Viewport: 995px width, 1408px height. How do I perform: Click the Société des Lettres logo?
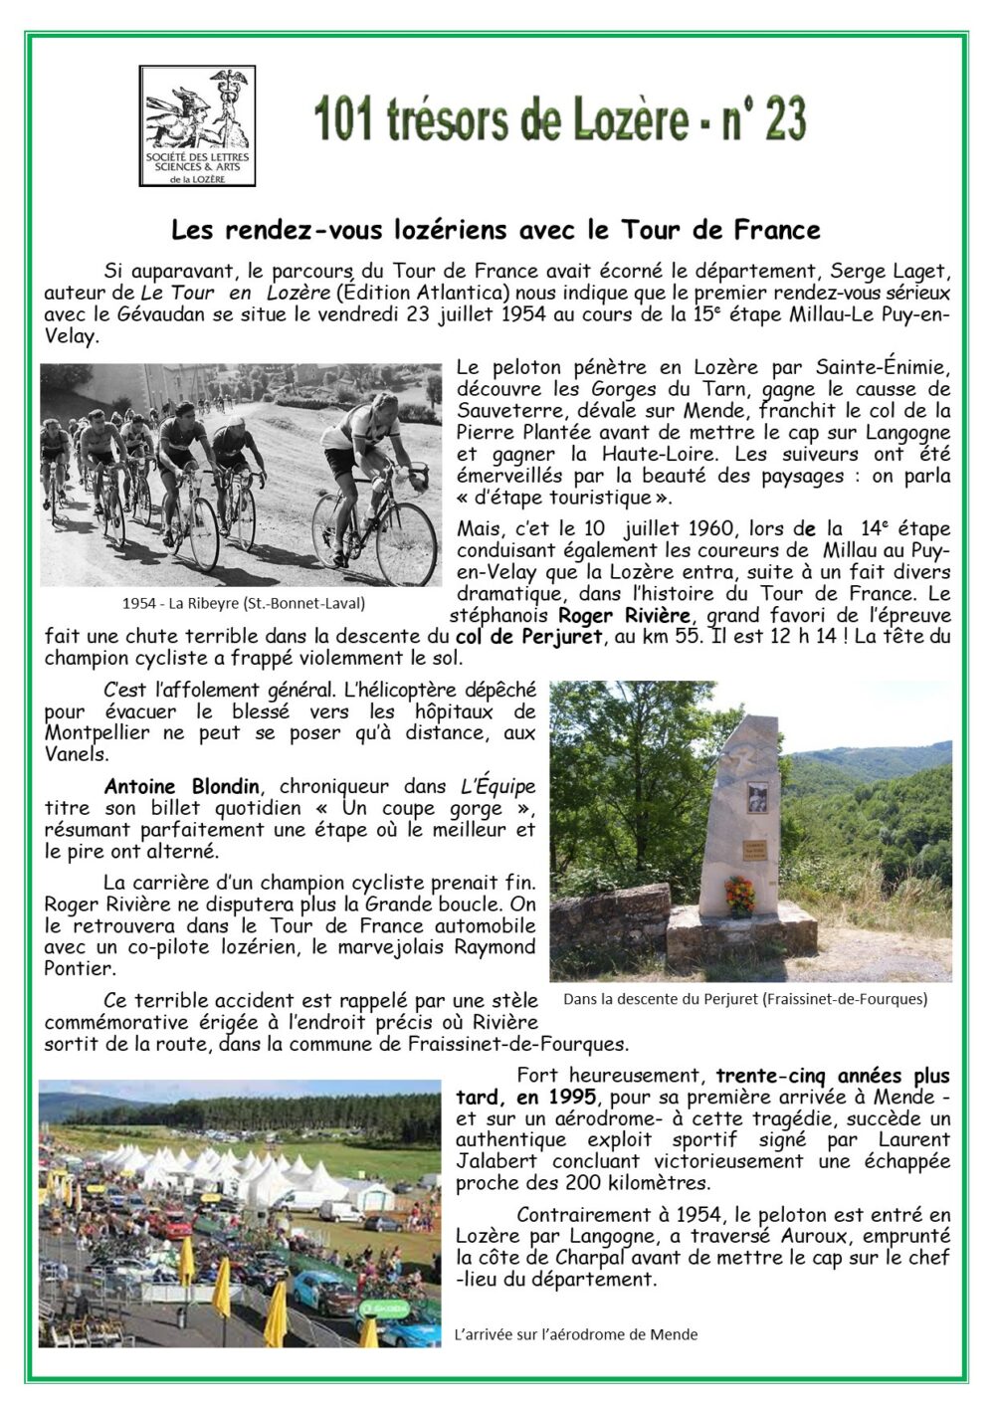[x=197, y=125]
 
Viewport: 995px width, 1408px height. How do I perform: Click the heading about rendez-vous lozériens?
[x=496, y=230]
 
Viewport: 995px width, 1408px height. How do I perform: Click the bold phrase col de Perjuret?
[x=528, y=637]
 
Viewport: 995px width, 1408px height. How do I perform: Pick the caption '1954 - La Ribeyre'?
[x=243, y=603]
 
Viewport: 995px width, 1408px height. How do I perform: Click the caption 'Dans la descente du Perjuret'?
[x=744, y=998]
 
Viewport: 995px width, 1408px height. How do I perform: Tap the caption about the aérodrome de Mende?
[x=575, y=1334]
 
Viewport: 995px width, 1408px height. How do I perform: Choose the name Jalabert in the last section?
[x=498, y=1161]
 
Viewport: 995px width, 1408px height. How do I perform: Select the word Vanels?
[x=76, y=754]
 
